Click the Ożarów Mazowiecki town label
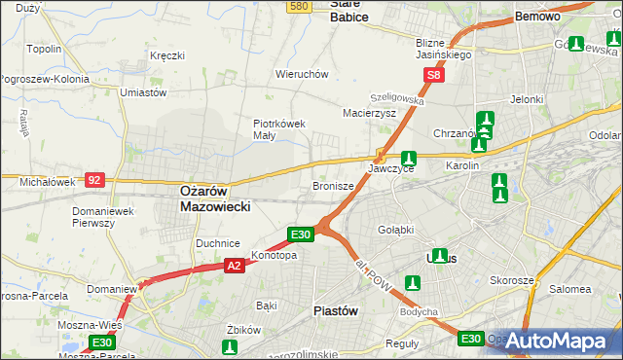[x=216, y=199]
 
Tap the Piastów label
[x=337, y=310]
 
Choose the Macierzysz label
[x=369, y=113]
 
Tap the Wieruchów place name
[x=302, y=74]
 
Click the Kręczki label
[x=167, y=55]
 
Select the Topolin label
[x=45, y=49]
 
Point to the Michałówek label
[x=47, y=182]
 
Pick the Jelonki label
[x=526, y=99]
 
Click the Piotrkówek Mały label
[x=279, y=129]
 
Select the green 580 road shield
[x=299, y=6]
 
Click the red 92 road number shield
[x=94, y=179]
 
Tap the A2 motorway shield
[x=234, y=265]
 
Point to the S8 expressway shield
[x=434, y=74]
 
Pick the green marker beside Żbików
[x=230, y=346]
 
